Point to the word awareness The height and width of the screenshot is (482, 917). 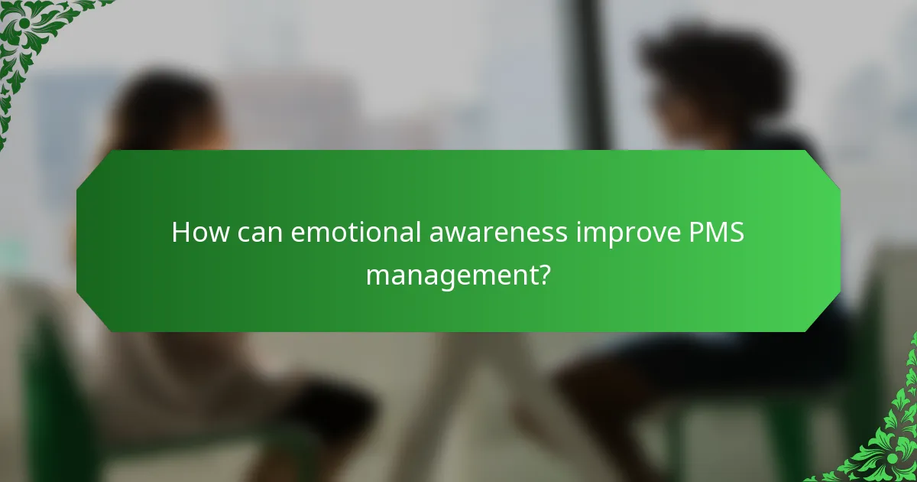coord(492,232)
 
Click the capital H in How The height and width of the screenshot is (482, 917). coord(180,232)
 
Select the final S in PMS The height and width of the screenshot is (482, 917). coord(736,232)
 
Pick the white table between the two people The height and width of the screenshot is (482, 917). coord(474,383)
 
